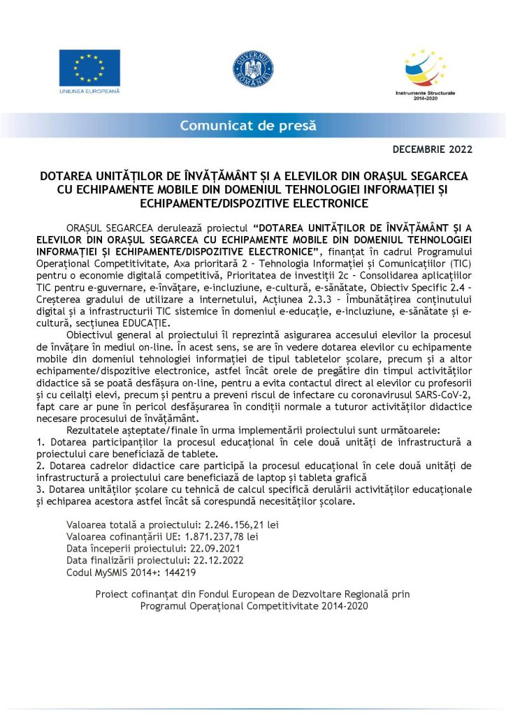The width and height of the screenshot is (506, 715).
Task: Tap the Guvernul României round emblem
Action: pos(252,70)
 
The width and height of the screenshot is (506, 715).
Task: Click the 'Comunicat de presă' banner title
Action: pos(248,126)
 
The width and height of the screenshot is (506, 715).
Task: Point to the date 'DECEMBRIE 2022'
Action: pos(432,149)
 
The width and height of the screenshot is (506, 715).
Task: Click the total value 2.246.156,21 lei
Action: pos(240,524)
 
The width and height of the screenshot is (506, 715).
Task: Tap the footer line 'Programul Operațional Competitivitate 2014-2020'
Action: pos(253,605)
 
